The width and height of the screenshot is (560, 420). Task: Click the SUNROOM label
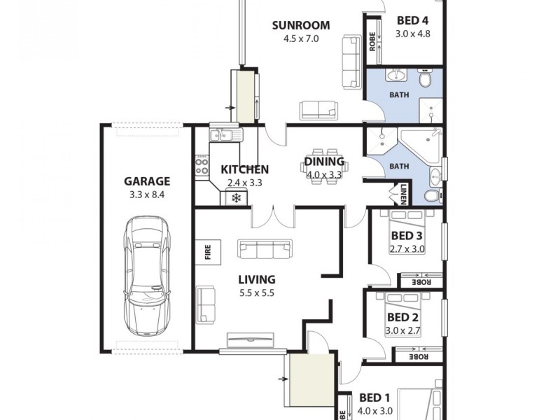[301, 26]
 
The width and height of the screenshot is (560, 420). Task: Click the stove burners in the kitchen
[202, 165]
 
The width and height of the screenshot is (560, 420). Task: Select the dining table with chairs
[323, 169]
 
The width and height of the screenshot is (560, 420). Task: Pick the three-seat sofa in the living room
[265, 248]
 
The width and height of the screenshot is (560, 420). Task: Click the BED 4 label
[412, 20]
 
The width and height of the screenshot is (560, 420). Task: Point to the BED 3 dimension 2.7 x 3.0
[407, 248]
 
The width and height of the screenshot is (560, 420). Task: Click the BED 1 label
[375, 398]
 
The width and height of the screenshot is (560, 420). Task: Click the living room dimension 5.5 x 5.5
[255, 293]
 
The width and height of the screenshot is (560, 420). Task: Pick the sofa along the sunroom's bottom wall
[318, 110]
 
